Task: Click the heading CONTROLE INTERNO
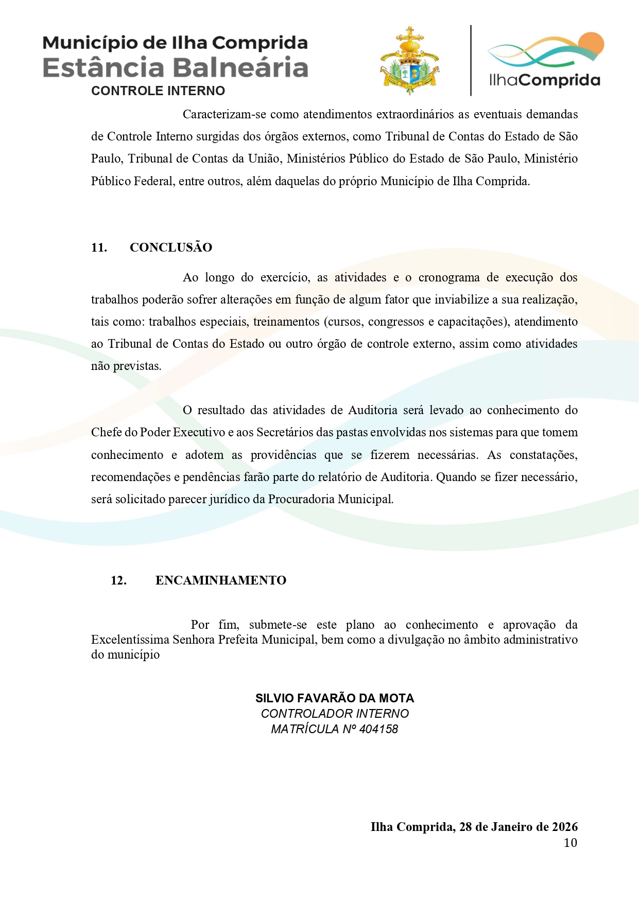click(x=158, y=91)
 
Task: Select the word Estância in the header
click(x=103, y=68)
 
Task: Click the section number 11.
click(x=99, y=247)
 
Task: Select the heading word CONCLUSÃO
click(x=171, y=247)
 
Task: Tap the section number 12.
click(x=118, y=580)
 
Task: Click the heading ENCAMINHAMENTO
click(x=221, y=580)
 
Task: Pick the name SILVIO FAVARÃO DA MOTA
click(x=335, y=698)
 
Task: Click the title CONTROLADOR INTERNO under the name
click(x=335, y=714)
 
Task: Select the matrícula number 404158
click(x=379, y=729)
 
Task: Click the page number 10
click(x=571, y=843)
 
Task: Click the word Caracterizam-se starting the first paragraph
click(x=224, y=114)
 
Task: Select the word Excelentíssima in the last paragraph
click(x=130, y=640)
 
